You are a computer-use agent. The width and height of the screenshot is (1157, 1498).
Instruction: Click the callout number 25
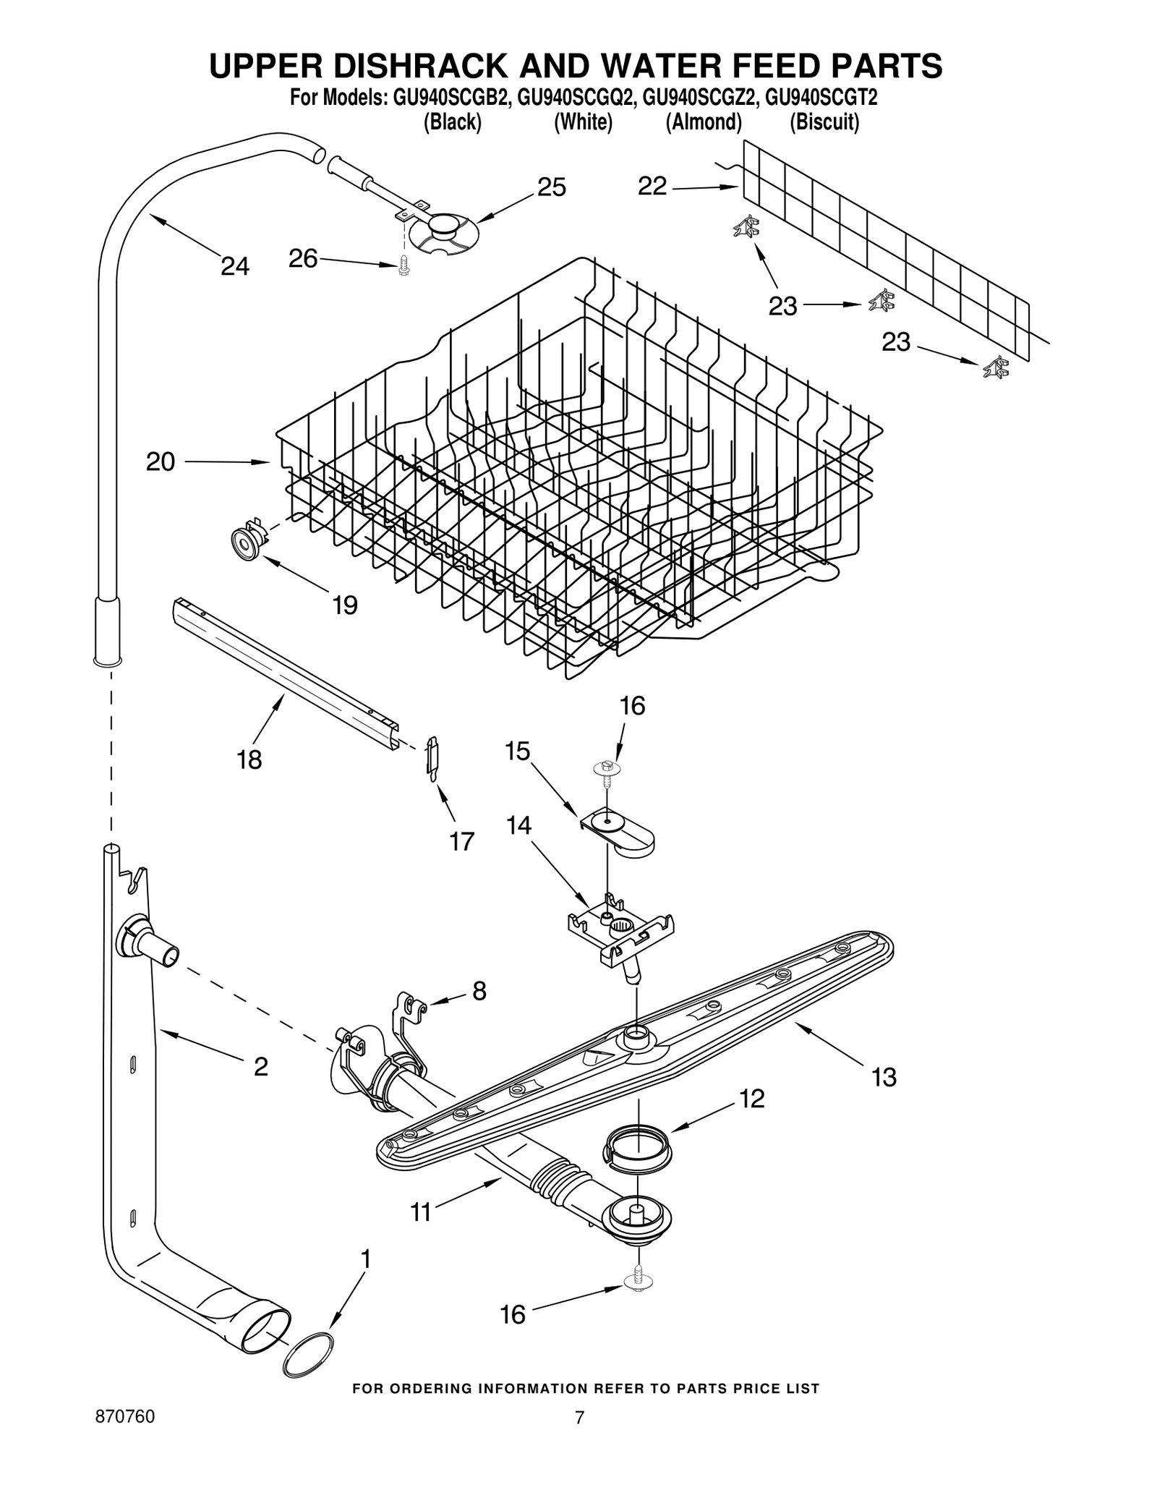pyautogui.click(x=551, y=187)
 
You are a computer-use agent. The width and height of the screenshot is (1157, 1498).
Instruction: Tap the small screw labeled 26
pyautogui.click(x=402, y=267)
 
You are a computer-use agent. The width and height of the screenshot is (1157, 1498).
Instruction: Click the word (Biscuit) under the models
pyautogui.click(x=824, y=122)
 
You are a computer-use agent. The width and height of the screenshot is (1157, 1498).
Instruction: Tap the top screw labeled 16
pyautogui.click(x=607, y=768)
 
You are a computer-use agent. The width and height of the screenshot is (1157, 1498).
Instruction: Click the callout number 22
pyautogui.click(x=652, y=187)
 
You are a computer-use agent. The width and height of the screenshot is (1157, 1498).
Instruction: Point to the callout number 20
pyautogui.click(x=161, y=461)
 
